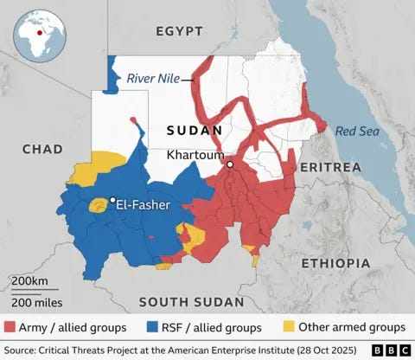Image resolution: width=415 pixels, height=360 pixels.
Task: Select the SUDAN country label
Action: [195, 131]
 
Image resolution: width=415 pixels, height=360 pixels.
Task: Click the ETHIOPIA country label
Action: [335, 262]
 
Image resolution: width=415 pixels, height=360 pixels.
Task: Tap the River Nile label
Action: [153, 79]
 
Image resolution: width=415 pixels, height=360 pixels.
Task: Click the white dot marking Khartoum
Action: [231, 164]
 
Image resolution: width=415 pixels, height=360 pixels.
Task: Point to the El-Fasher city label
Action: [144, 205]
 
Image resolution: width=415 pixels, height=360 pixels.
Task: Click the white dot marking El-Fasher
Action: [112, 200]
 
